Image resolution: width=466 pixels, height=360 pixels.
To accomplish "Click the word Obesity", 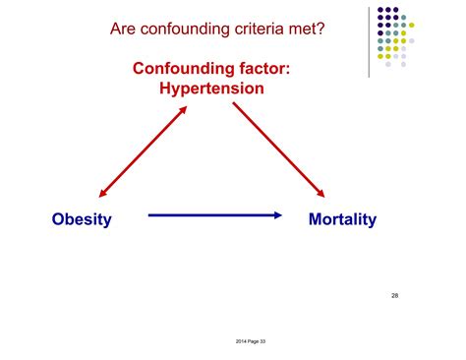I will [x=82, y=219].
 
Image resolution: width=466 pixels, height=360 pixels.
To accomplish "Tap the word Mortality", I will [x=342, y=219].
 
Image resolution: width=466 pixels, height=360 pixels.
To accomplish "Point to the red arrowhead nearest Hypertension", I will [x=182, y=110].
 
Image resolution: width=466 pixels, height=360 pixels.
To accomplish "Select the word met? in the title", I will [x=304, y=29].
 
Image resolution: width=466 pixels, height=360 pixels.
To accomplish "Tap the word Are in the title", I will [x=125, y=29].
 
